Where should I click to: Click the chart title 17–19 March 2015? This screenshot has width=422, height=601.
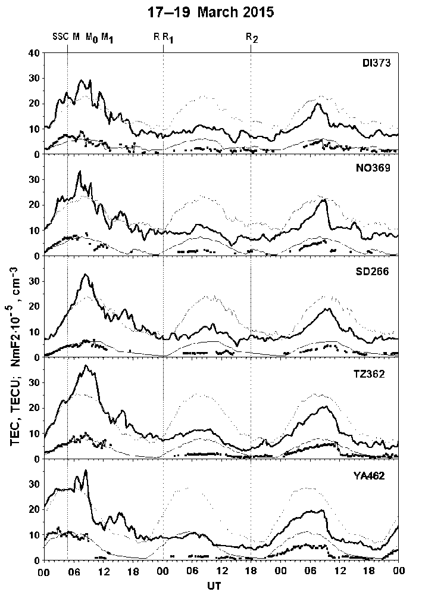coord(211,13)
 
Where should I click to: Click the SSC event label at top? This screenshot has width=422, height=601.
coord(61,37)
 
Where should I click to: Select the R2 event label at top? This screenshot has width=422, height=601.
coord(252,38)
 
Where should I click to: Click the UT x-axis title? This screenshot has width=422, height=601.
coord(221,586)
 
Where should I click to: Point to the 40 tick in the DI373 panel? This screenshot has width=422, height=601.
coord(36,53)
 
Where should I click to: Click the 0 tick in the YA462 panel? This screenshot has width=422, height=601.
coord(38,560)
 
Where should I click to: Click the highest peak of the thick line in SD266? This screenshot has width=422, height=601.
coord(86,275)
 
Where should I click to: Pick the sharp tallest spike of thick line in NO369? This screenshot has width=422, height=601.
coord(80,172)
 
